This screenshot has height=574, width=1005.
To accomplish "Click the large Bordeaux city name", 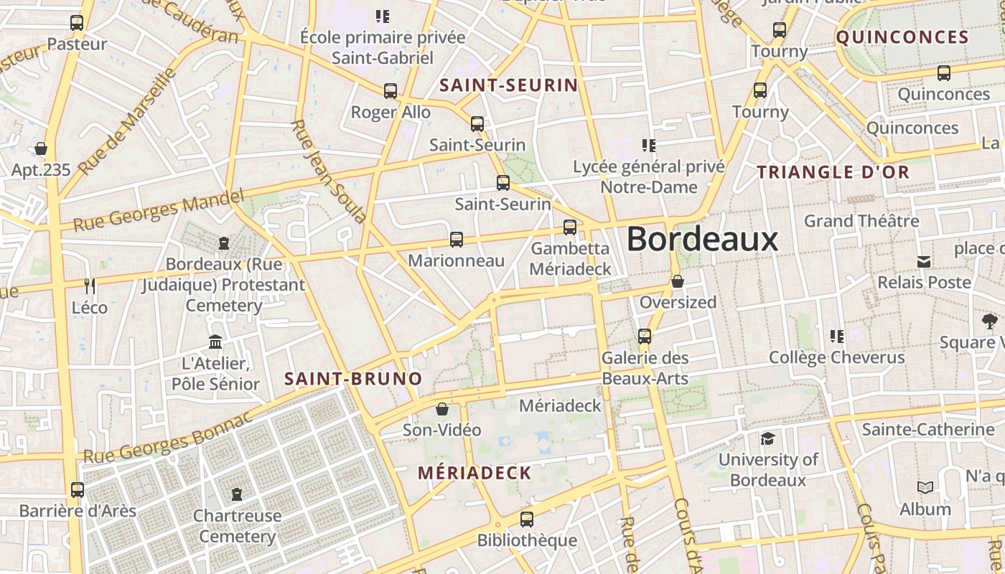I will (x=702, y=239).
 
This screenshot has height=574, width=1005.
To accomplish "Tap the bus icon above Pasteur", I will (x=77, y=23).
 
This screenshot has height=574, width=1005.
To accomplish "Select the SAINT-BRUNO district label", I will (x=353, y=379).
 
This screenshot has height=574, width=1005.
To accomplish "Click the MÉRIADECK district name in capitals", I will (x=475, y=473).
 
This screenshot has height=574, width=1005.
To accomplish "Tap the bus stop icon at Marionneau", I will (x=457, y=240).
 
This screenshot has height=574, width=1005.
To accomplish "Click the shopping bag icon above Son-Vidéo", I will (x=442, y=409).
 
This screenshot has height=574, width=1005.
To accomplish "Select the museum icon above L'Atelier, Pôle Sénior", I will (x=215, y=342).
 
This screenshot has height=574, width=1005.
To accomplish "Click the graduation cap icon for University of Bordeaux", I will (x=767, y=438).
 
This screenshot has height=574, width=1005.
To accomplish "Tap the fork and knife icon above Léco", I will (x=90, y=286).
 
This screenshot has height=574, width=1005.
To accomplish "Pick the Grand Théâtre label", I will (x=861, y=220).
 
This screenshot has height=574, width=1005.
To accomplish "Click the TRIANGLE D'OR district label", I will (x=833, y=172).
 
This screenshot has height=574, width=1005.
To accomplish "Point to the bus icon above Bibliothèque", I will (x=527, y=519).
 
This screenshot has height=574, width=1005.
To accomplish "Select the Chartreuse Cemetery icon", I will (x=237, y=494).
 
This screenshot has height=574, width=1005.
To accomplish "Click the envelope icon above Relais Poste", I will (x=924, y=261).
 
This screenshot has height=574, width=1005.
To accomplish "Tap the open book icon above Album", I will (x=925, y=488).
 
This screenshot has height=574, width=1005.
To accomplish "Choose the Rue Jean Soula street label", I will (x=329, y=171).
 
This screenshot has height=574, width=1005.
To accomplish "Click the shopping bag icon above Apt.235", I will (x=41, y=149).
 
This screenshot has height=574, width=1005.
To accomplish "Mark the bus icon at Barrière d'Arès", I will (x=78, y=490).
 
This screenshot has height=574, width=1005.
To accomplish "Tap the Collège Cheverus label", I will (x=836, y=357).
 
